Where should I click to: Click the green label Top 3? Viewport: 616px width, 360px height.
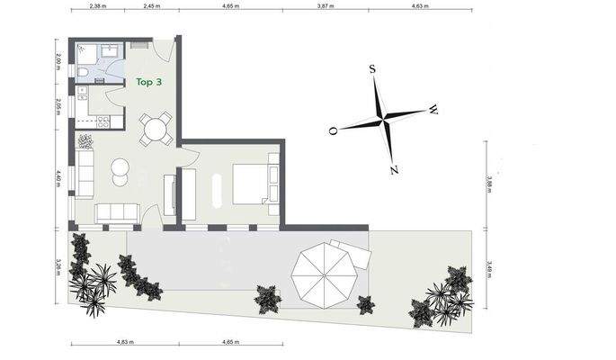[148, 81]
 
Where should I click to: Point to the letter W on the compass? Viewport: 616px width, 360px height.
[433, 110]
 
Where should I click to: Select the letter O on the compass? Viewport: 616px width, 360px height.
[333, 130]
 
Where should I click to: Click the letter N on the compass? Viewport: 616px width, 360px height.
[394, 169]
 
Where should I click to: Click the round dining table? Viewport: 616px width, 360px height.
[156, 129]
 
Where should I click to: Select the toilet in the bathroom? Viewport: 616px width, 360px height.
[82, 73]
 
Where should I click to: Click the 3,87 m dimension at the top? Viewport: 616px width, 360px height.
[325, 6]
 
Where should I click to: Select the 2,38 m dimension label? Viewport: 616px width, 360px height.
[98, 6]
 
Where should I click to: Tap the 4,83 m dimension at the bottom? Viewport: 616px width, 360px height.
[125, 342]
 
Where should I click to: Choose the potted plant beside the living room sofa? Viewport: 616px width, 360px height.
[86, 141]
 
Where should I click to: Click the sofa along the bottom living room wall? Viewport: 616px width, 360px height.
[117, 212]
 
